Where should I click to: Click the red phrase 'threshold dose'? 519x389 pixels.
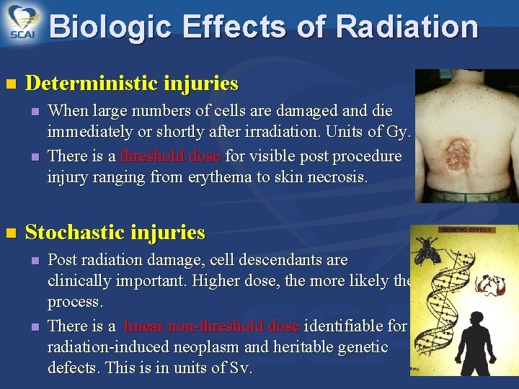pyautogui.click(x=171, y=156)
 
